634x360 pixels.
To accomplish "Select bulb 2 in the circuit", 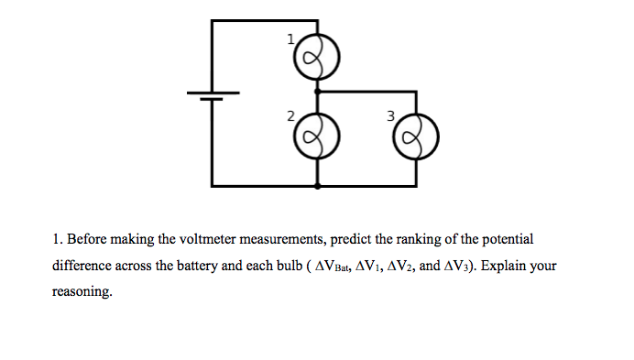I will (x=317, y=140).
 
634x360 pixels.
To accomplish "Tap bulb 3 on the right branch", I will (x=416, y=140).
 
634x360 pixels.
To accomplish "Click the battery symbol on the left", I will (x=213, y=95).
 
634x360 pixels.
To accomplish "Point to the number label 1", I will (x=291, y=39).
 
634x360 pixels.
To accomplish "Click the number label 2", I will (x=290, y=117).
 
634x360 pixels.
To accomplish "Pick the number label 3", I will (x=390, y=117).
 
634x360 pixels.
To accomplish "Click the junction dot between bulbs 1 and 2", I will (x=317, y=92).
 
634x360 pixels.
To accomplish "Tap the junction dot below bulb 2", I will (x=317, y=186).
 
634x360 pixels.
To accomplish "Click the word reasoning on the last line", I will (x=83, y=293).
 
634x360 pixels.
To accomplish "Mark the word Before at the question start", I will (x=89, y=239).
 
